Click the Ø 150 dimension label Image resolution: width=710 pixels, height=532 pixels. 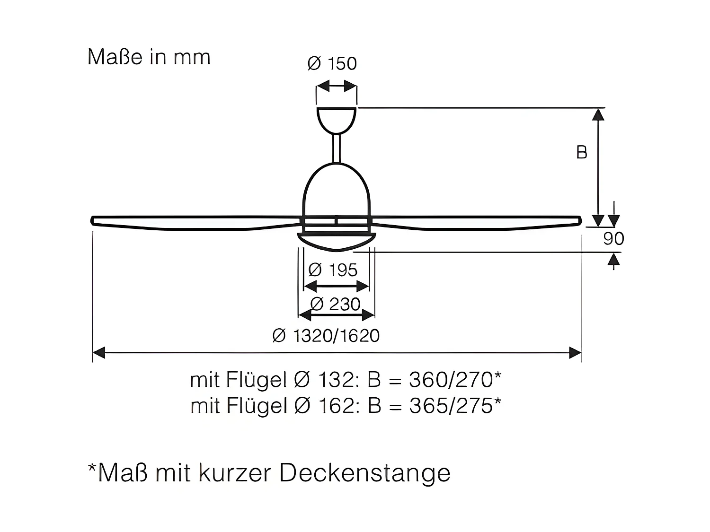(x=332, y=63)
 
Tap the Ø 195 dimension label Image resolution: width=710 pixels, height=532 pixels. (x=333, y=270)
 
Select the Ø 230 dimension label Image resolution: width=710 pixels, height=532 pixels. (x=336, y=304)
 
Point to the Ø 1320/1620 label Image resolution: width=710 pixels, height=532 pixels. (x=326, y=336)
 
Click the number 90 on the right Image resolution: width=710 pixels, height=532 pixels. (x=613, y=238)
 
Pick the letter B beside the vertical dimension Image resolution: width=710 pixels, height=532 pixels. (x=582, y=152)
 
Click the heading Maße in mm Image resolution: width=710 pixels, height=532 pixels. (x=149, y=57)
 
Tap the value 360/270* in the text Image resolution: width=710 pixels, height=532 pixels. (x=455, y=379)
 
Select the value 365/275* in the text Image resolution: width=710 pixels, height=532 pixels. (x=455, y=406)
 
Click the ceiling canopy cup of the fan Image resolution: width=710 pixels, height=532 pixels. (x=336, y=119)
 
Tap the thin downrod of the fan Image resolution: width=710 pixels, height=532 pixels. (x=337, y=148)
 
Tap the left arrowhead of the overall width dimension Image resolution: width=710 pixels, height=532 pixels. (x=98, y=352)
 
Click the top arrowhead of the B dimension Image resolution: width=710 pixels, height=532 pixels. (x=598, y=114)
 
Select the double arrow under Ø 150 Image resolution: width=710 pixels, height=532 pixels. (x=336, y=86)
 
